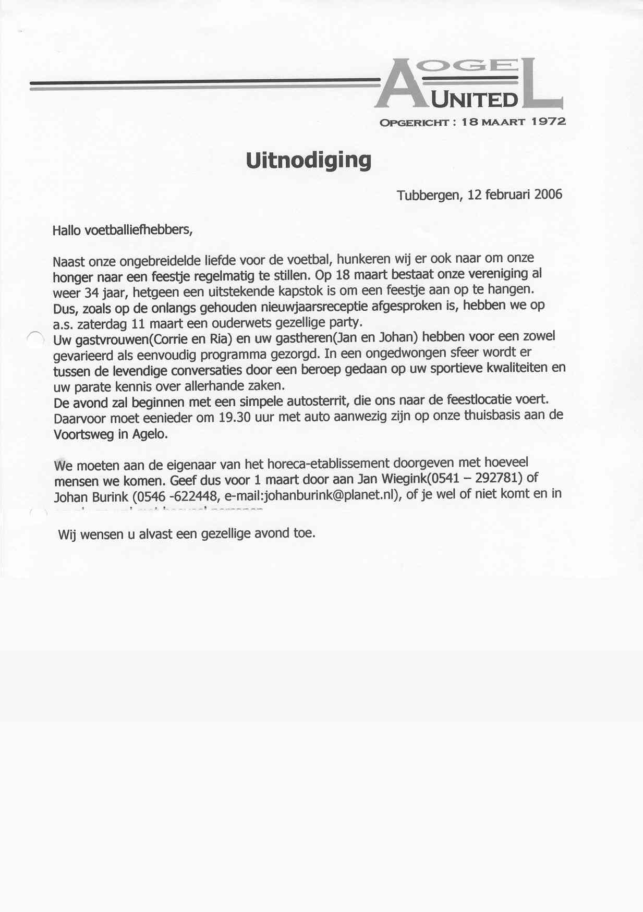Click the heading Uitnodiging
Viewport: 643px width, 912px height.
[x=308, y=160]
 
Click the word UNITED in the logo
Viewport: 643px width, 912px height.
[x=475, y=100]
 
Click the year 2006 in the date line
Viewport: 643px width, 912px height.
[x=548, y=194]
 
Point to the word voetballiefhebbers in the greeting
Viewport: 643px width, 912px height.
[x=138, y=229]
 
